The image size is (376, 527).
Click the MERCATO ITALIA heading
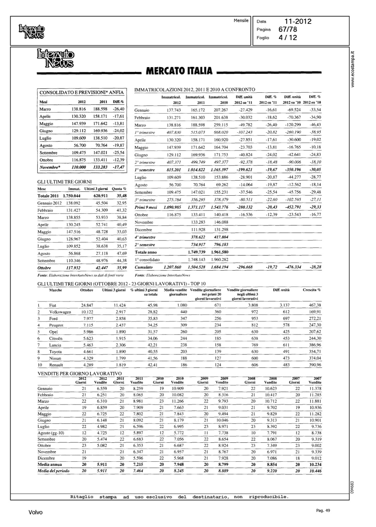tap(179, 71)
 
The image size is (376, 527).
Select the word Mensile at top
tap(241, 21)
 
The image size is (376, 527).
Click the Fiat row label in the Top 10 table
tap(53, 305)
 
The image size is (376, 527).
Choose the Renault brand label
tap(56, 365)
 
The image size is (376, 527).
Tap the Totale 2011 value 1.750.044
tap(71, 196)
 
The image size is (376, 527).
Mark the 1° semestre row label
tap(145, 170)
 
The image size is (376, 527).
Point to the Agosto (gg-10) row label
tap(51, 433)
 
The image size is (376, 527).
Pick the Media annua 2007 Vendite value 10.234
tap(315, 464)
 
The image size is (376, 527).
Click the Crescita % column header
tap(312, 290)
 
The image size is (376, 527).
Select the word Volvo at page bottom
tap(36, 513)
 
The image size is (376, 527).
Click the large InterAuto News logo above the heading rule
tap(55, 58)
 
